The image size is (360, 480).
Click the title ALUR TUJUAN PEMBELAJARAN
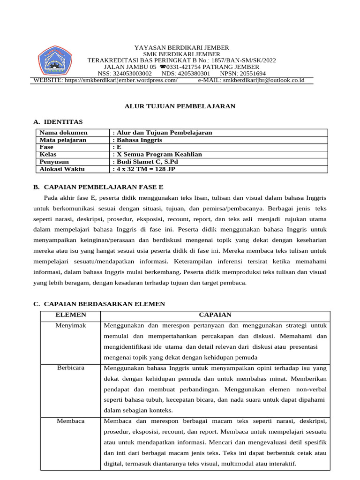[x=180, y=106]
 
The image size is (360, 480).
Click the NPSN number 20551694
[x=249, y=74]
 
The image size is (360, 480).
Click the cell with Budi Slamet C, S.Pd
[x=145, y=162]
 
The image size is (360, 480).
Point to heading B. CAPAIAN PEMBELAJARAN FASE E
[x=97, y=187]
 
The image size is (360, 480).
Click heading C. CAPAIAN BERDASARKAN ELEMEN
[x=99, y=304]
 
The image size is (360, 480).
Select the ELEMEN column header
[x=71, y=315]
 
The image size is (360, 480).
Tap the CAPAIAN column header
[x=215, y=315]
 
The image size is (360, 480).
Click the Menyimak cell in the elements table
[x=71, y=325]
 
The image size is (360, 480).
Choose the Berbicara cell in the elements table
[x=71, y=368]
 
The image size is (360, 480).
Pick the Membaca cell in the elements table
[x=71, y=421]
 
